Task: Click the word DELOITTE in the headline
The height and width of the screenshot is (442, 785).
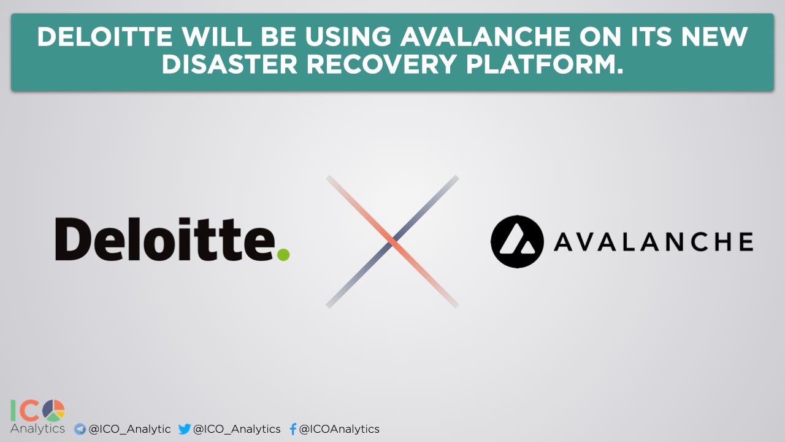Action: pos(105,37)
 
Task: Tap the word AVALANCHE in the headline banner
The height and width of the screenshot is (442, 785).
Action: pos(485,37)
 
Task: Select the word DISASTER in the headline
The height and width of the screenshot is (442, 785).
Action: pos(229,64)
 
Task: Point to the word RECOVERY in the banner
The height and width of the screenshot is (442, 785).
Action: pos(381,64)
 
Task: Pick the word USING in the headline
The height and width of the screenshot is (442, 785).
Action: pos(348,37)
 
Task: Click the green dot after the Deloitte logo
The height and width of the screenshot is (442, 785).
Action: pos(283,255)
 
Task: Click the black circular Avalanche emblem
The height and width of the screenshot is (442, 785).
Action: pos(517,242)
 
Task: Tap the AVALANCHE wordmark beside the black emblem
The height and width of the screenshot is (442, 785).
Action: pos(654,242)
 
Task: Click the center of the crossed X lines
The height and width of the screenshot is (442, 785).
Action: pos(392,242)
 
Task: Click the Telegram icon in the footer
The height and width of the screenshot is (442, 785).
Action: pos(80,429)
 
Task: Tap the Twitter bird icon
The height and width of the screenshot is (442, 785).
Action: pos(185,428)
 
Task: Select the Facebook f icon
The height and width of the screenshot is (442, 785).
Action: pos(293,429)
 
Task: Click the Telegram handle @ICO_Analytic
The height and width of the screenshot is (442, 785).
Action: pos(129,429)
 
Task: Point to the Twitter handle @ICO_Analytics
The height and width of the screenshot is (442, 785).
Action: pos(237,429)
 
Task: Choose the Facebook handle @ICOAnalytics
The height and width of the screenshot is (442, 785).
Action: pos(339,429)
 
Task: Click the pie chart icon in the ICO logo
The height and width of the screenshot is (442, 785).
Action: pos(53,411)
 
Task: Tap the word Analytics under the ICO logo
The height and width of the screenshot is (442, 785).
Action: pos(37,428)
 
